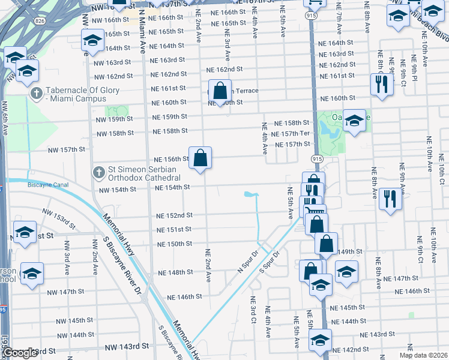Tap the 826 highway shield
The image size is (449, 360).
click(39, 21)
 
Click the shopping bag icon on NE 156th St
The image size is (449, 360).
click(200, 158)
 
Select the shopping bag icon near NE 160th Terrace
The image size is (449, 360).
click(220, 91)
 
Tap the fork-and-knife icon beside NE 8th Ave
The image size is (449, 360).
click(390, 199)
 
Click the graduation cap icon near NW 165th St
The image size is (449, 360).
click(92, 41)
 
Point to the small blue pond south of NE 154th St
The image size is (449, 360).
click(249, 194)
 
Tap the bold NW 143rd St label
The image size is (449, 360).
click(127, 347)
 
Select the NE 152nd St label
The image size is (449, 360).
click(174, 215)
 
